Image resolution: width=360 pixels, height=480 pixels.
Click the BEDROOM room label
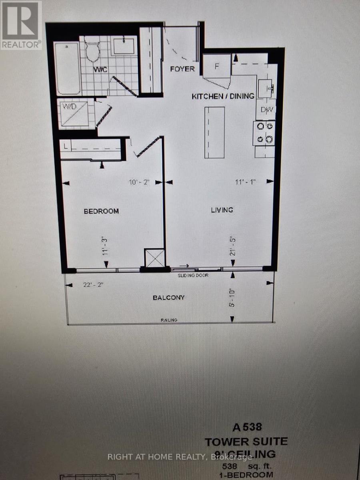pyautogui.click(x=101, y=211)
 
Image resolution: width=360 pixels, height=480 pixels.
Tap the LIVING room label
pyautogui.click(x=222, y=210)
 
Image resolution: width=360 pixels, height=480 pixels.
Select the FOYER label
pyautogui.click(x=182, y=69)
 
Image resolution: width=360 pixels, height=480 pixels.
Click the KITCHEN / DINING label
pyautogui.click(x=223, y=96)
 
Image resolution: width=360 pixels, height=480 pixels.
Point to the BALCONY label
pyautogui.click(x=169, y=298)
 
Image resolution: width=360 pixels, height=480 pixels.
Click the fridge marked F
pyautogui.click(x=216, y=66)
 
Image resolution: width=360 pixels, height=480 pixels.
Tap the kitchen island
pyautogui.click(x=215, y=132)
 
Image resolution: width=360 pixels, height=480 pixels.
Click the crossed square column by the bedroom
pyautogui.click(x=154, y=258)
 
